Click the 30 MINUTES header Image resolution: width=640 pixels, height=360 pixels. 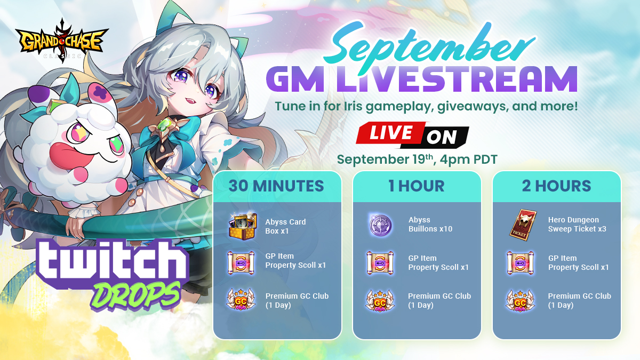coord(277,186)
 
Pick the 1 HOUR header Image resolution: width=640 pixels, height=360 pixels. coord(417,186)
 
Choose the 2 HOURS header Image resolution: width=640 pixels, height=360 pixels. coord(556,186)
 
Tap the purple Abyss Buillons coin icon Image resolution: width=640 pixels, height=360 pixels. coord(381,225)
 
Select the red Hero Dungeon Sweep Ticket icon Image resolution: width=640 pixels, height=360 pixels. coord(521,224)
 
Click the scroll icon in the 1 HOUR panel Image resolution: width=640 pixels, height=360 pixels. coord(381,262)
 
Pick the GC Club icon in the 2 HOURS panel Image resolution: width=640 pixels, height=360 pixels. coord(521,300)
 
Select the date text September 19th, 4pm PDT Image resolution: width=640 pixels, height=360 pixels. coord(417,159)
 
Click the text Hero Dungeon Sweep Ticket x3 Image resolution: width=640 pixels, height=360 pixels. coord(577,224)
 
